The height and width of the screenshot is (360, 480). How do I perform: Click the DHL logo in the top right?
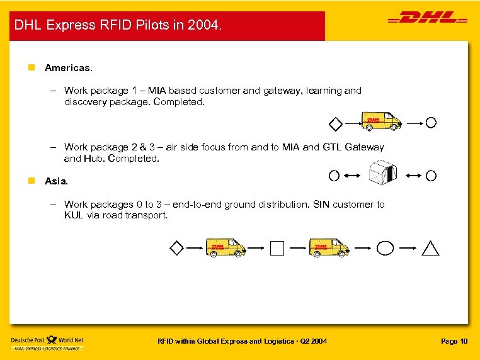[428, 20]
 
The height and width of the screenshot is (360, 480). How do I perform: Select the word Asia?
[55, 181]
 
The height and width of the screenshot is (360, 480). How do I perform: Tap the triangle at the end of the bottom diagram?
[431, 249]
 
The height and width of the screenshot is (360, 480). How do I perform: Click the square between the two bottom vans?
[277, 249]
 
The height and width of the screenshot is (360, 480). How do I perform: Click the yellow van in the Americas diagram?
[380, 121]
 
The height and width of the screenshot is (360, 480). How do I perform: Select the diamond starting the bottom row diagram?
[177, 248]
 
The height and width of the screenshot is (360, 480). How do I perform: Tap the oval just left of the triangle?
[385, 248]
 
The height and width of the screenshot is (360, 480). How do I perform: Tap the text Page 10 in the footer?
[454, 341]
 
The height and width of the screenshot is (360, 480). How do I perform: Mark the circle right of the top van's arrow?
[431, 121]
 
